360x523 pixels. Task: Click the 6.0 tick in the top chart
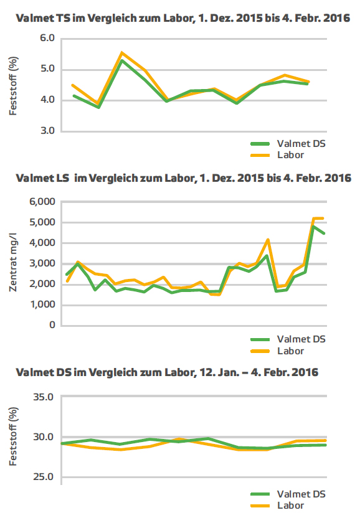pyautogui.click(x=47, y=38)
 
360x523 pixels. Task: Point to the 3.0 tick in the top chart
pyautogui.click(x=47, y=130)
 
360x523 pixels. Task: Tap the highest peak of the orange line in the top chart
pyautogui.click(x=122, y=52)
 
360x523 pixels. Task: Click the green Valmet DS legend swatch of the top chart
pyautogui.click(x=260, y=144)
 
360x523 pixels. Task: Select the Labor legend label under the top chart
pyautogui.click(x=290, y=155)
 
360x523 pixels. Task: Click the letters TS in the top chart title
pyautogui.click(x=62, y=18)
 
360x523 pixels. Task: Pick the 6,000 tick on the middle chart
pyautogui.click(x=42, y=202)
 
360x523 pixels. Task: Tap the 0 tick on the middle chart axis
pyautogui.click(x=52, y=325)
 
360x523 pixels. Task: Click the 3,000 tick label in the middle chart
pyautogui.click(x=42, y=263)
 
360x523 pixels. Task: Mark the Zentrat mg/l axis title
pyautogui.click(x=12, y=262)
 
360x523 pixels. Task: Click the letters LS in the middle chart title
pyautogui.click(x=62, y=178)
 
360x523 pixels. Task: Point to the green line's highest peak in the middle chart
pyautogui.click(x=313, y=227)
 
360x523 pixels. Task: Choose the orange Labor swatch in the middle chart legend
pyautogui.click(x=260, y=351)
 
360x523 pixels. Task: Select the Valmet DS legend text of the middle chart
pyautogui.click(x=301, y=339)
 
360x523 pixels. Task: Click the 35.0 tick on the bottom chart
pyautogui.click(x=44, y=397)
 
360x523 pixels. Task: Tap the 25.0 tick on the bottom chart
pyautogui.click(x=44, y=477)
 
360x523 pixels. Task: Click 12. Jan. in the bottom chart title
pyautogui.click(x=219, y=372)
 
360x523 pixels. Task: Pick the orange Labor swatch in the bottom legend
pyautogui.click(x=260, y=506)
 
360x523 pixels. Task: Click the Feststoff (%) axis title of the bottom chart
pyautogui.click(x=12, y=436)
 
